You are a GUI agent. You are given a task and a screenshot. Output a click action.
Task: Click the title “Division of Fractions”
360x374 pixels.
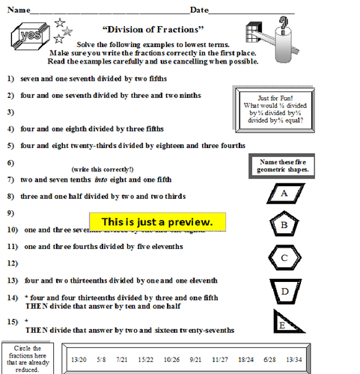pyautogui.click(x=162, y=30)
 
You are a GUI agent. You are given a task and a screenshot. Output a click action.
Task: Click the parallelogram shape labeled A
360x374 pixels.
pyautogui.click(x=284, y=193)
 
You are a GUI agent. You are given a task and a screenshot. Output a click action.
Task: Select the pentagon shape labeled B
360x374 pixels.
pyautogui.click(x=284, y=224)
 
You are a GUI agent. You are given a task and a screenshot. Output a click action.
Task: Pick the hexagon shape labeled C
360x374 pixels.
pyautogui.click(x=284, y=258)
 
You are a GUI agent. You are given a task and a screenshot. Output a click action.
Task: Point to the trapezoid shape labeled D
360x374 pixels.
pyautogui.click(x=284, y=292)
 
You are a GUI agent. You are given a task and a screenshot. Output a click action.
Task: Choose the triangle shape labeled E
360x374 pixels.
pyautogui.click(x=284, y=323)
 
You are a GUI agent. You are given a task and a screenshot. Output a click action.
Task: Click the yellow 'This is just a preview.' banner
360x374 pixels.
pyautogui.click(x=157, y=222)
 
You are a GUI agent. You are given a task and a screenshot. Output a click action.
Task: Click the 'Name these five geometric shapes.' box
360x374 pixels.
pyautogui.click(x=284, y=165)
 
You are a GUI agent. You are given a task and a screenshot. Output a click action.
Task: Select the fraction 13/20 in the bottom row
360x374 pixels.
pyautogui.click(x=79, y=360)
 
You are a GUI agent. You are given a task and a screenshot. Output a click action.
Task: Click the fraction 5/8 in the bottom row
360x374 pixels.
pyautogui.click(x=102, y=360)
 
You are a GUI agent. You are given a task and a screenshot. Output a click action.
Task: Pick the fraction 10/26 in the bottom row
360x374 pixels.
pyautogui.click(x=172, y=360)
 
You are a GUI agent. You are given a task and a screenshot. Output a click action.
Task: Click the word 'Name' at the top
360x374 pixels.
pyautogui.click(x=18, y=10)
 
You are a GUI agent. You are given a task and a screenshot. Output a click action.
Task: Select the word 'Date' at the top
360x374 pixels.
pyautogui.click(x=199, y=10)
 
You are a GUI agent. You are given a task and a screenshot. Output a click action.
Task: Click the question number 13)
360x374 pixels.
pyautogui.click(x=12, y=280)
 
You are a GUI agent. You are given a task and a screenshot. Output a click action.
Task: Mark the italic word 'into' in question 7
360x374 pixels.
pyautogui.click(x=101, y=180)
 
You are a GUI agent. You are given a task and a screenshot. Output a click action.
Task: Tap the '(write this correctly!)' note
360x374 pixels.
pyautogui.click(x=103, y=169)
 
